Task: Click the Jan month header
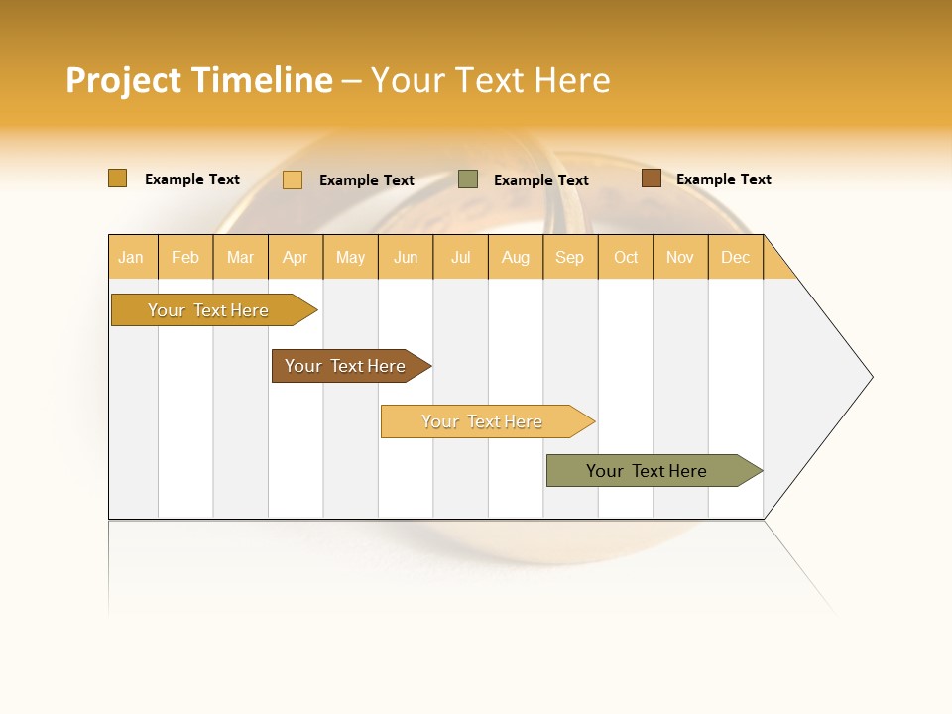point(132,257)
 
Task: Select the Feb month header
point(185,257)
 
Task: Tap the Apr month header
point(296,257)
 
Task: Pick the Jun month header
point(406,257)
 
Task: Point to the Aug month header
point(516,257)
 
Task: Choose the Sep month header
point(570,257)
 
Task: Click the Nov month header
point(680,257)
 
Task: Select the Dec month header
point(736,257)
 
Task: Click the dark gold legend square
point(117,178)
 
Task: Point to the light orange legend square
point(293,179)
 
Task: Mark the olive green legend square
point(468,178)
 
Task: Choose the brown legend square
point(652,178)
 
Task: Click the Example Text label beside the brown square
point(724,179)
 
